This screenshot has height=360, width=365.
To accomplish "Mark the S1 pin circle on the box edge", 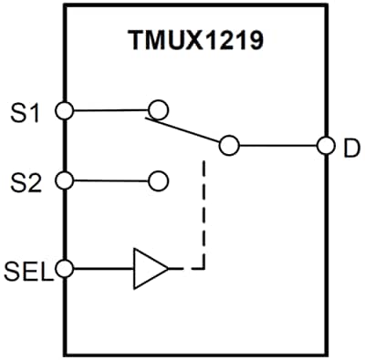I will click(x=64, y=110).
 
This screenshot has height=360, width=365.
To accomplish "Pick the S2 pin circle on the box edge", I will click(x=64, y=180).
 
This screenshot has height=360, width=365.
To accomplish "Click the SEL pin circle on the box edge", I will click(x=64, y=269).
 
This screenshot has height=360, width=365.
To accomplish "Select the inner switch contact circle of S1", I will click(x=158, y=110).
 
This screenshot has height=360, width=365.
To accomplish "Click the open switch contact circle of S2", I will click(x=158, y=180).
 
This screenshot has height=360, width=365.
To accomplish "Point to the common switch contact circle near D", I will click(x=228, y=145).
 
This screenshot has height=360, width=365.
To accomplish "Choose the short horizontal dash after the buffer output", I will click(x=188, y=269).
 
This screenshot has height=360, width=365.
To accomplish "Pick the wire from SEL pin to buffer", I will click(x=100, y=269).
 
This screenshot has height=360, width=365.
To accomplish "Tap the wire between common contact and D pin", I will click(x=277, y=145).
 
